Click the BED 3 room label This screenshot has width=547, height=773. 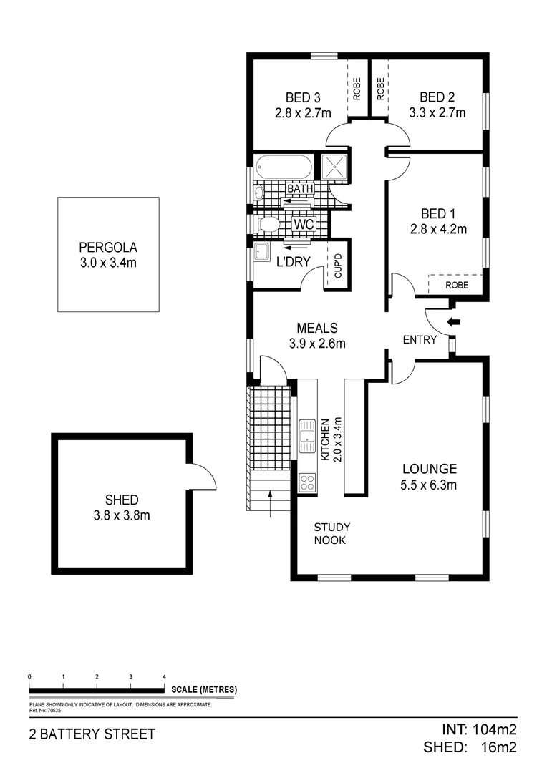coord(302,97)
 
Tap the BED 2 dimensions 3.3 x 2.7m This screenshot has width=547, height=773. coord(437,112)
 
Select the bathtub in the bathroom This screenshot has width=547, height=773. coord(284,168)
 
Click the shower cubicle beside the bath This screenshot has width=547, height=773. coord(334,167)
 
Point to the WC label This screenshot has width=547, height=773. coord(304,224)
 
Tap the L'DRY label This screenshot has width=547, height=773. coord(293,262)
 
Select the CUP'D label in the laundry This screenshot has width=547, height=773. coord(339,266)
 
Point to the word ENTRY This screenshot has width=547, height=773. coord(420,340)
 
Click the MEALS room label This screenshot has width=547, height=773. coord(316,328)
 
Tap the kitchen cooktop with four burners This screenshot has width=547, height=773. coord(308,482)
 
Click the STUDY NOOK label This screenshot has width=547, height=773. coord(331,533)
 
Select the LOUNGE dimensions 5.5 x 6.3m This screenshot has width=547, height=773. coord(429,485)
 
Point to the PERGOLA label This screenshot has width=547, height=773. coord(108,248)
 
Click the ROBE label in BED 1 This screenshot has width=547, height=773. coord(457,285)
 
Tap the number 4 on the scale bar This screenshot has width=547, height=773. coord(164,676)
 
